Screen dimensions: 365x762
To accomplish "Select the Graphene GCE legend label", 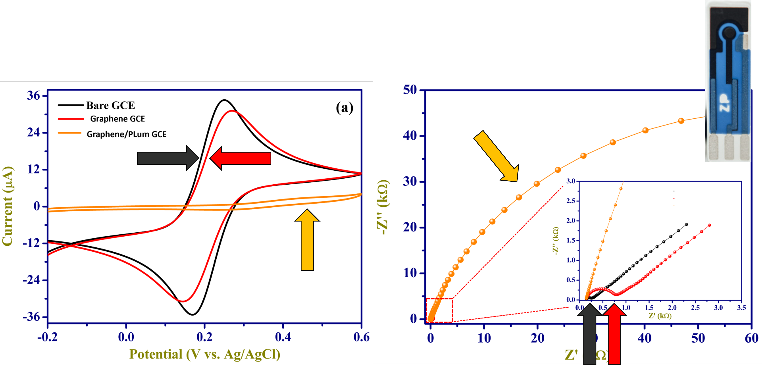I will coord(117,119).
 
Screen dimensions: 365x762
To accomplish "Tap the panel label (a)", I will coord(344,108).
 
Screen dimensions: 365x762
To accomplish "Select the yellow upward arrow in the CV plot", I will coord(307,240).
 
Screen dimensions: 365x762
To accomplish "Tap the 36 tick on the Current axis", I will coord(33,96).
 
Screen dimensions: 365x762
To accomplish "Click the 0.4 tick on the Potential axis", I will coord(283,337).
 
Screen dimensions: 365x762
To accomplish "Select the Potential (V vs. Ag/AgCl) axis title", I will coord(205,354).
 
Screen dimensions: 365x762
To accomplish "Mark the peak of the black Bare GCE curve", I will coord(224,100).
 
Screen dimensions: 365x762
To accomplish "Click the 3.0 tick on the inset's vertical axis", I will coord(571,181).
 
